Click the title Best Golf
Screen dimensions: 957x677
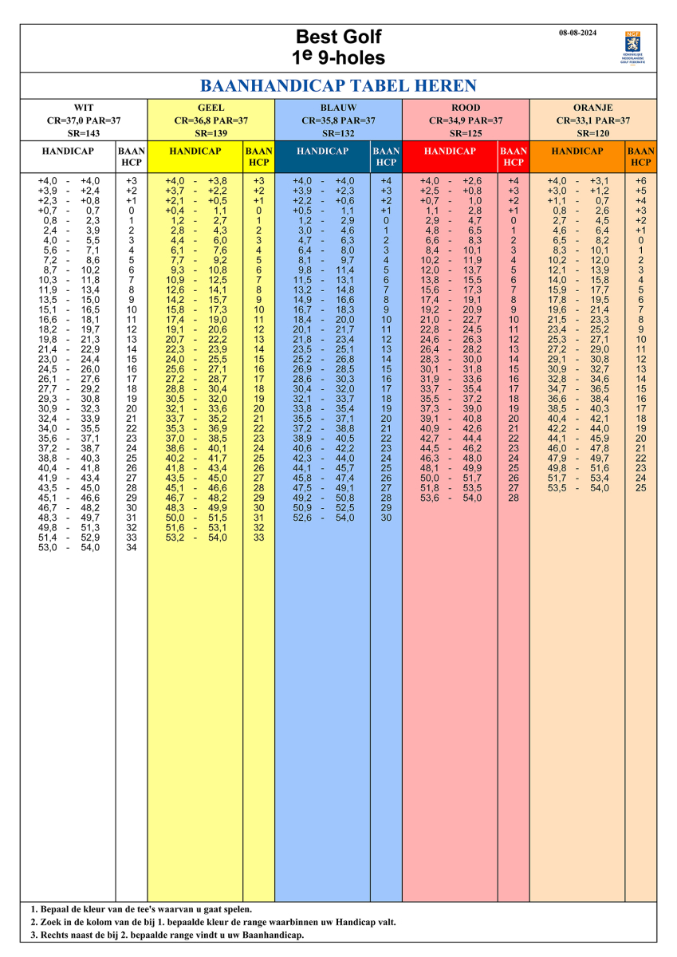[x=338, y=37]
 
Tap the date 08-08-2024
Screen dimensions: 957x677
[x=577, y=33]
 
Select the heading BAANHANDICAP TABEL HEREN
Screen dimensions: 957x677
[x=338, y=86]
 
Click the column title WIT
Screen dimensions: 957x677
[x=84, y=108]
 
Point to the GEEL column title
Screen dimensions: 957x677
[x=211, y=108]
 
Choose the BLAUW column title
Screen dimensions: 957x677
[x=338, y=108]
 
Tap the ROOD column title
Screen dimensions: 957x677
[x=466, y=108]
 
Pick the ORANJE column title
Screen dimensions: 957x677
[x=593, y=108]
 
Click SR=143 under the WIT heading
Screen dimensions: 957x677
[x=84, y=133]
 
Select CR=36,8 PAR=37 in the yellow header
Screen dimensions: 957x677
[x=211, y=120]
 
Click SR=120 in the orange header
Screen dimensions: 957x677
[x=593, y=133]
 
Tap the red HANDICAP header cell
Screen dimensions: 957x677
[x=450, y=151]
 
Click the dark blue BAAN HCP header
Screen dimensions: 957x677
[x=386, y=156]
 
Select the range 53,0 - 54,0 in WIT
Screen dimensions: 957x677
[x=69, y=547]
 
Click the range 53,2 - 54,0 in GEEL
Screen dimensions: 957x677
[x=195, y=538]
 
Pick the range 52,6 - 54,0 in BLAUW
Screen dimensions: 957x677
[x=323, y=518]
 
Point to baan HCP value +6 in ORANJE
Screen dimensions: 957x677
[x=641, y=181]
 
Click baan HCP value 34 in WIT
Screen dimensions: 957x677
[x=132, y=547]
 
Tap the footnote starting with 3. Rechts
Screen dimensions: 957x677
[x=167, y=935]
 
